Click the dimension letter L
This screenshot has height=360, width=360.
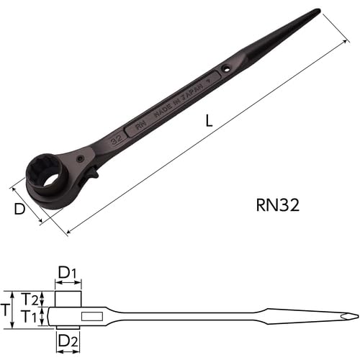(208, 121)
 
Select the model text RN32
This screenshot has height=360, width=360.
(277, 204)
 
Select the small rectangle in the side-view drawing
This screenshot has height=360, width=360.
(91, 316)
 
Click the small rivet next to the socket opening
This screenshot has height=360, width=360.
(81, 159)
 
